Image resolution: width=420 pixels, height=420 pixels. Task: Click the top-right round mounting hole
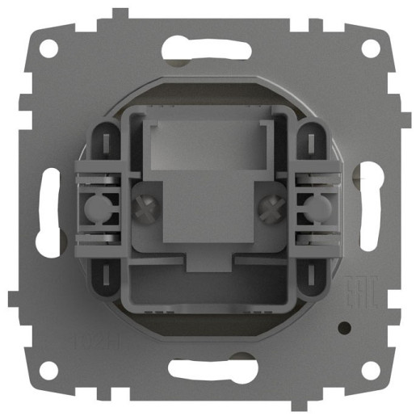370,48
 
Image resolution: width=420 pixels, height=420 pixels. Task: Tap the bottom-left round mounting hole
49,370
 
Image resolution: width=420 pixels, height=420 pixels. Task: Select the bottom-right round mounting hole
370,370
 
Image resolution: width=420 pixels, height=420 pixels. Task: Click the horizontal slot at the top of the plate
209,48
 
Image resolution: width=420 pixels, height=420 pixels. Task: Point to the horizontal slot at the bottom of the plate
209,370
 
